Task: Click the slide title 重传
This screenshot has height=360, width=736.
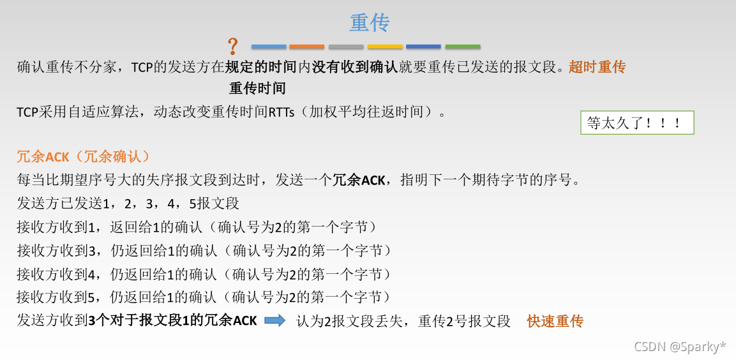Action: coord(370,23)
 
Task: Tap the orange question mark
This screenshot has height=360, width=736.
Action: coord(233,46)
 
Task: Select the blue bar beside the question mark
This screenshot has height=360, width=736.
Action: coord(269,47)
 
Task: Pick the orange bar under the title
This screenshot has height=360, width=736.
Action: coord(306,47)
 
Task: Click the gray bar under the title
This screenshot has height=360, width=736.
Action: coord(346,47)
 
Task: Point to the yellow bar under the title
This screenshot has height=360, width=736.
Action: coord(385,47)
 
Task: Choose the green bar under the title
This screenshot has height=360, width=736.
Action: coord(463,47)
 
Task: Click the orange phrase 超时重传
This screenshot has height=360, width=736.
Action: coord(597,67)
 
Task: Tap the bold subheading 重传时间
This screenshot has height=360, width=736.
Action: coord(257,88)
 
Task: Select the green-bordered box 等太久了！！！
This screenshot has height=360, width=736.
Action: coord(637,123)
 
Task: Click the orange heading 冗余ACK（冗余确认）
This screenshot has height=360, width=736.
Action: coord(82,157)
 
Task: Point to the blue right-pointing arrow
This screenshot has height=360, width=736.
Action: coord(274,321)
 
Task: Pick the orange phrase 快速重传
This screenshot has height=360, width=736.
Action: coord(555,321)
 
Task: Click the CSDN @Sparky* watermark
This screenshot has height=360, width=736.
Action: coord(679,347)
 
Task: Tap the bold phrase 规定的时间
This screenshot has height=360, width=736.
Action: coord(260,67)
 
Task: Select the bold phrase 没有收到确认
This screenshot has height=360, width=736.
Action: coord(354,67)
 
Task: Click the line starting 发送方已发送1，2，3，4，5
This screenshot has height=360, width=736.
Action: coord(128,204)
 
